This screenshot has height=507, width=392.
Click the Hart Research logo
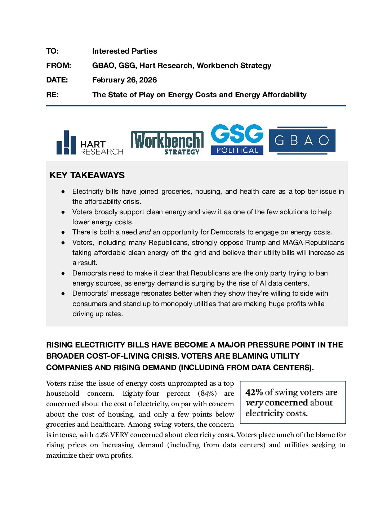(90, 143)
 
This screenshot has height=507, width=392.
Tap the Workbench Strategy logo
(167, 143)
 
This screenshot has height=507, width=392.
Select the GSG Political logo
(237, 140)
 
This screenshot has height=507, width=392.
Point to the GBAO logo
(302, 140)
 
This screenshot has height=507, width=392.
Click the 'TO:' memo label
(52, 51)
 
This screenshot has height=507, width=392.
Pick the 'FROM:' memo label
(59, 66)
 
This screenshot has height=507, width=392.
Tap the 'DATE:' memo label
(57, 80)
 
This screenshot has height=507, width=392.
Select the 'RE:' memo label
(52, 95)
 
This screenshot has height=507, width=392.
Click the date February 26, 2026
(124, 80)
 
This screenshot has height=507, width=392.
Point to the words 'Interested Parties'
(124, 51)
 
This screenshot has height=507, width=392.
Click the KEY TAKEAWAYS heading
(87, 175)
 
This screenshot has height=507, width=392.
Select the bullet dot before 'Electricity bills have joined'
(63, 192)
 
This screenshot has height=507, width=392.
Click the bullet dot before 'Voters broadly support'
(63, 212)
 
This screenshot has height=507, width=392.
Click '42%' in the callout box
(254, 392)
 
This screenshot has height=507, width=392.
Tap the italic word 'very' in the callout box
(254, 403)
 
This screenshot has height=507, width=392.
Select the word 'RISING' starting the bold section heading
(59, 345)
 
